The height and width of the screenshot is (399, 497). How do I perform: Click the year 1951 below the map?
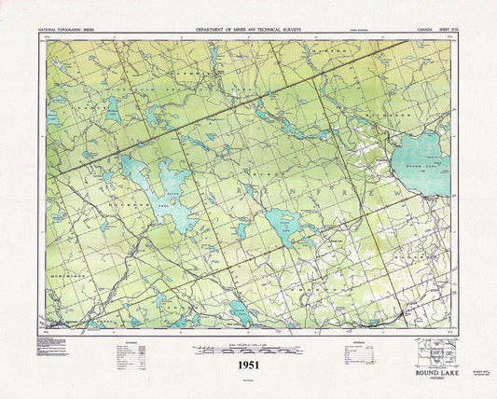(248, 366)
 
